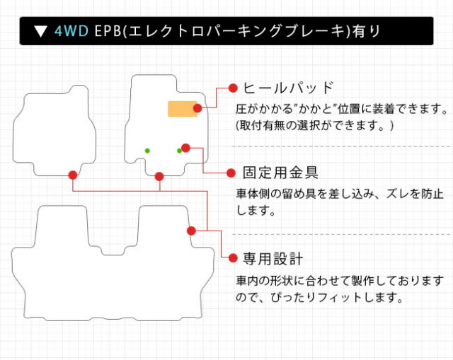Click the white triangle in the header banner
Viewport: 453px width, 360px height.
pyautogui.click(x=40, y=31)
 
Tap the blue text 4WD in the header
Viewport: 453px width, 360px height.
pyautogui.click(x=71, y=31)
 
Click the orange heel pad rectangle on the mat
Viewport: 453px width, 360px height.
pyautogui.click(x=181, y=109)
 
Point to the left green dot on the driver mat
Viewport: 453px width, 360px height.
pyautogui.click(x=147, y=150)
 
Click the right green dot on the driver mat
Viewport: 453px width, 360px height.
pyautogui.click(x=179, y=150)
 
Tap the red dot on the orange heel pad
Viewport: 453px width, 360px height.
pyautogui.click(x=197, y=108)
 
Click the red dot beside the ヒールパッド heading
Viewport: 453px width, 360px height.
pyautogui.click(x=231, y=88)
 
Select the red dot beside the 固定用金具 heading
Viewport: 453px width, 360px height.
pyautogui.click(x=231, y=172)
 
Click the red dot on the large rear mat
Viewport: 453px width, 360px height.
pyautogui.click(x=191, y=231)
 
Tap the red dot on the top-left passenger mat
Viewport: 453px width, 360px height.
pyautogui.click(x=73, y=175)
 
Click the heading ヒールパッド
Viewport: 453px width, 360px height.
pyautogui.click(x=287, y=88)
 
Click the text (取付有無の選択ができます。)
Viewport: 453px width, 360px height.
pyautogui.click(x=314, y=125)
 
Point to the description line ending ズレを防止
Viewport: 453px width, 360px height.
pyautogui.click(x=340, y=193)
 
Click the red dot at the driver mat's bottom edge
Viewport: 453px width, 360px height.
pyautogui.click(x=159, y=175)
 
